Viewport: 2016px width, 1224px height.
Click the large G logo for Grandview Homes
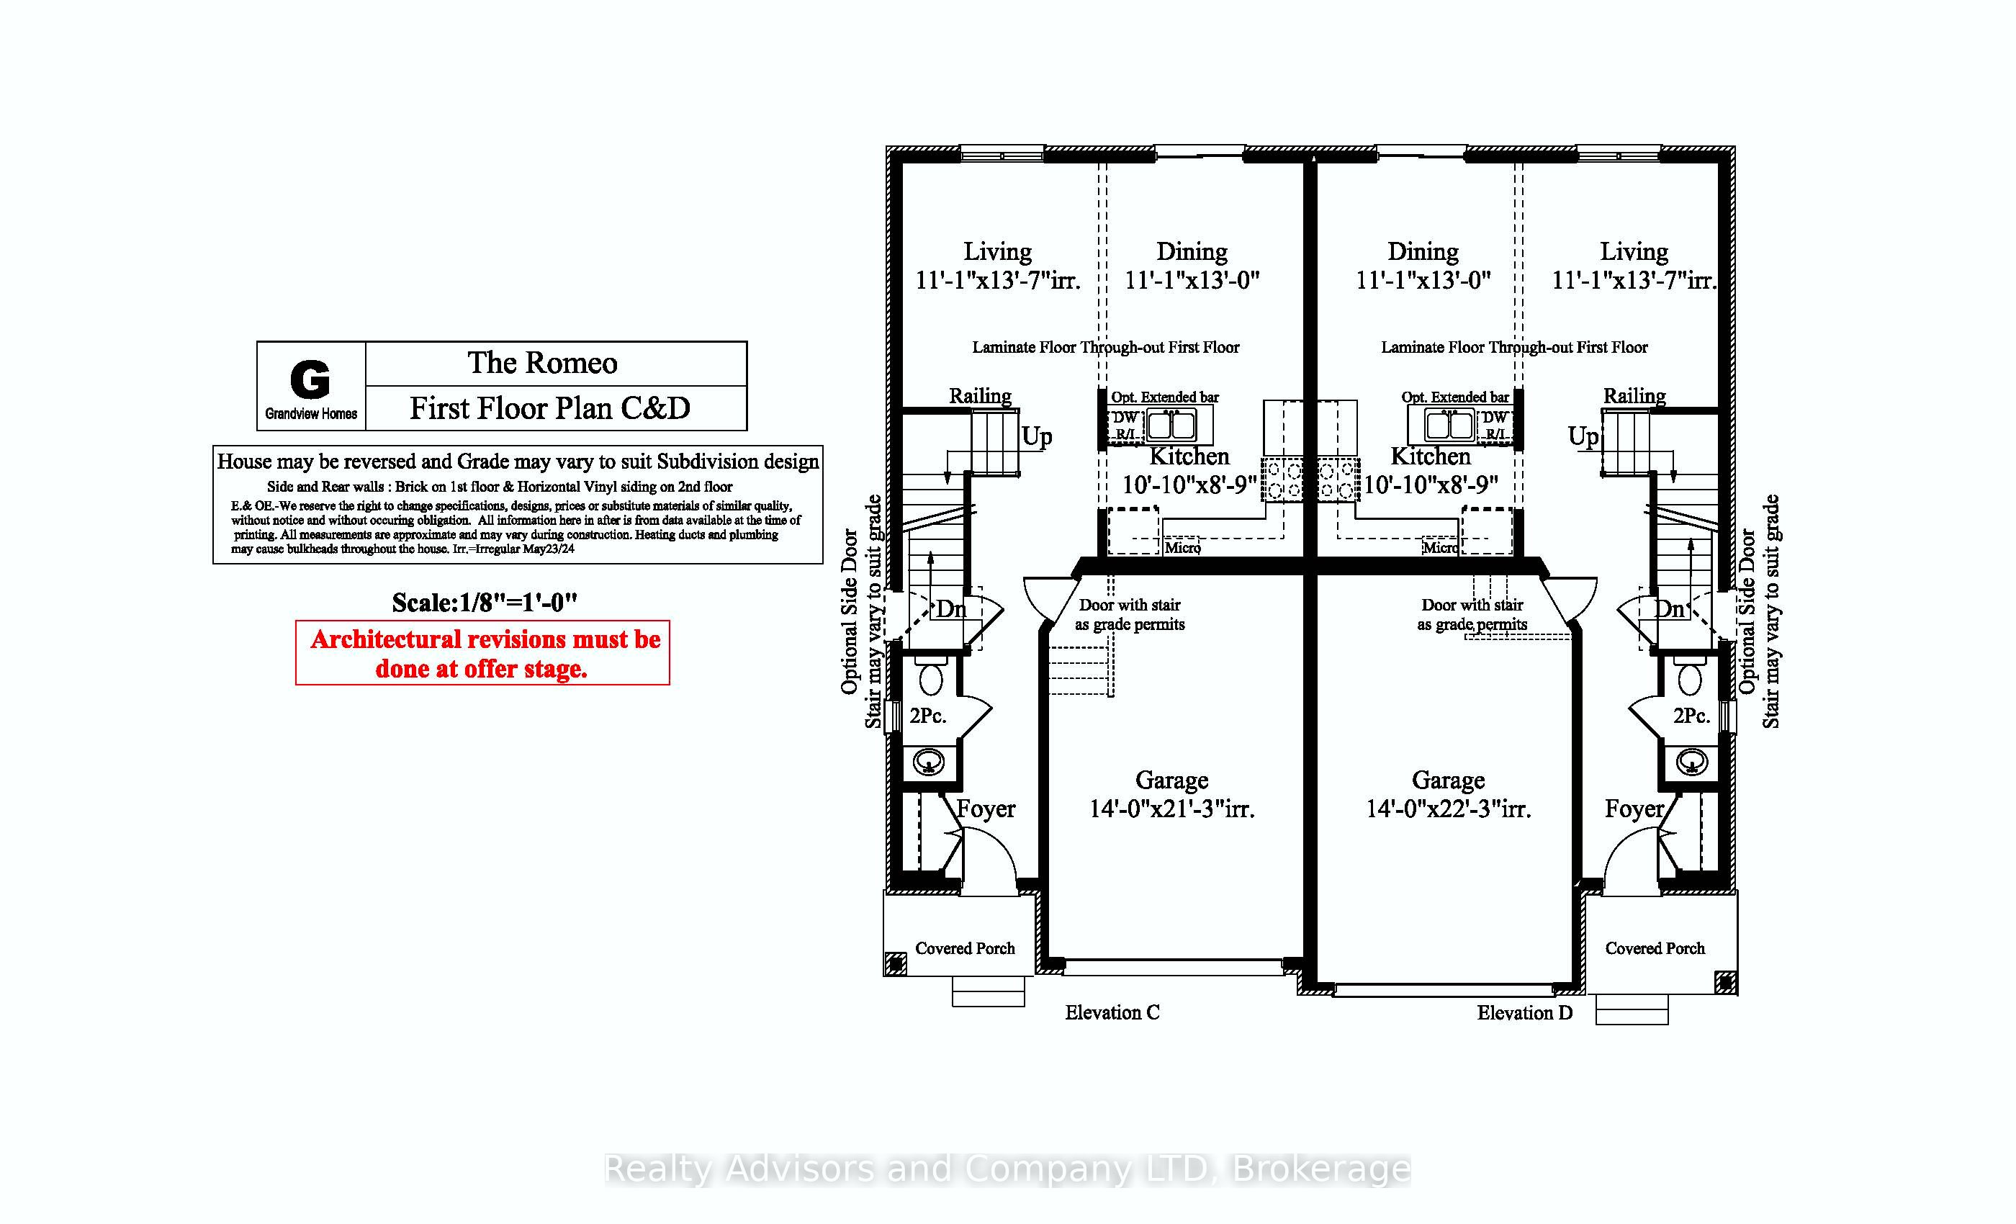click(310, 379)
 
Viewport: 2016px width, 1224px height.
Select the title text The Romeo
click(541, 362)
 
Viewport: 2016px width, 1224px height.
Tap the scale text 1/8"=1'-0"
click(485, 603)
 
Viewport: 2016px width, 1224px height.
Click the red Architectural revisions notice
click(482, 653)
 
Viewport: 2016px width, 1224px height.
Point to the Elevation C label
click(1112, 1012)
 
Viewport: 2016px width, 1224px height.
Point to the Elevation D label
click(1524, 1012)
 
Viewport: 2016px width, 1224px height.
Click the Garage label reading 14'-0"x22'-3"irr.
click(1447, 794)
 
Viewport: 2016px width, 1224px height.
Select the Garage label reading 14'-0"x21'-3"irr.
click(1171, 794)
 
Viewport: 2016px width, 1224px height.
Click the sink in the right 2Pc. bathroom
click(1691, 762)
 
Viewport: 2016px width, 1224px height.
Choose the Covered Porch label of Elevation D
click(1655, 948)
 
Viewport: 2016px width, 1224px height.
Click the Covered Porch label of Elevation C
click(965, 948)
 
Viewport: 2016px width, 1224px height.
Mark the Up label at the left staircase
click(1037, 437)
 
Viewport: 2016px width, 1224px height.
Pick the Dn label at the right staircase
click(1668, 608)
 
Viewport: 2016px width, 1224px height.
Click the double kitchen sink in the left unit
click(1171, 426)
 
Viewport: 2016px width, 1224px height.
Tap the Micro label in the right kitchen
click(1439, 547)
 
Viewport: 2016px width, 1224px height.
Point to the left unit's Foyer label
click(986, 809)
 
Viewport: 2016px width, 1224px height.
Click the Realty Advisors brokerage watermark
click(1007, 1169)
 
